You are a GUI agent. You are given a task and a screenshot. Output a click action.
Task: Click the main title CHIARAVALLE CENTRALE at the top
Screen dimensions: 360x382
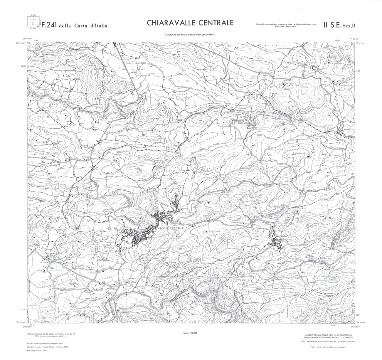point(190,23)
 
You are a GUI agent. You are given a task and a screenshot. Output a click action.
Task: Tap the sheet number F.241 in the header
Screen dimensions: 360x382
point(49,26)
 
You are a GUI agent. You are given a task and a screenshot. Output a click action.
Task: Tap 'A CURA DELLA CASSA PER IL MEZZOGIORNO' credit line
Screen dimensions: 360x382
point(329,335)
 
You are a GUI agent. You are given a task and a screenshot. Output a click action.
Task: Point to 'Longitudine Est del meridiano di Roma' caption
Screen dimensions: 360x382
point(190,35)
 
